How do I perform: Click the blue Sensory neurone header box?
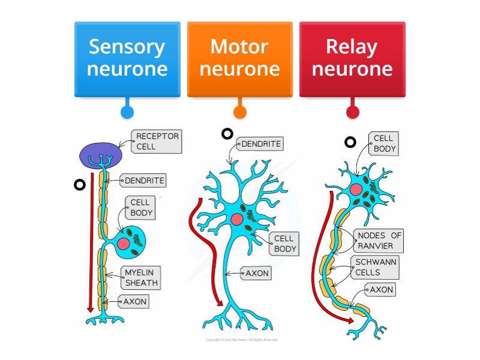click(127, 58)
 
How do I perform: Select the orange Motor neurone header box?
click(239, 58)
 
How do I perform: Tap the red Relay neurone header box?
click(352, 58)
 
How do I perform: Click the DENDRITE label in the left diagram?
click(144, 180)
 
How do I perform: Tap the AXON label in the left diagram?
click(134, 301)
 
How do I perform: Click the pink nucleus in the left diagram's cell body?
click(124, 244)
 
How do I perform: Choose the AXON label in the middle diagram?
click(257, 273)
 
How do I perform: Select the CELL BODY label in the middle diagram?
click(284, 243)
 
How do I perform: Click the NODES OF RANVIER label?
click(379, 241)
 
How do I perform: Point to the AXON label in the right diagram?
click(381, 290)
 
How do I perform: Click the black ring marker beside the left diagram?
click(78, 185)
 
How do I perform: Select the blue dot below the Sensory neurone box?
click(127, 112)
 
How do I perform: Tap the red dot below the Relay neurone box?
click(353, 112)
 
